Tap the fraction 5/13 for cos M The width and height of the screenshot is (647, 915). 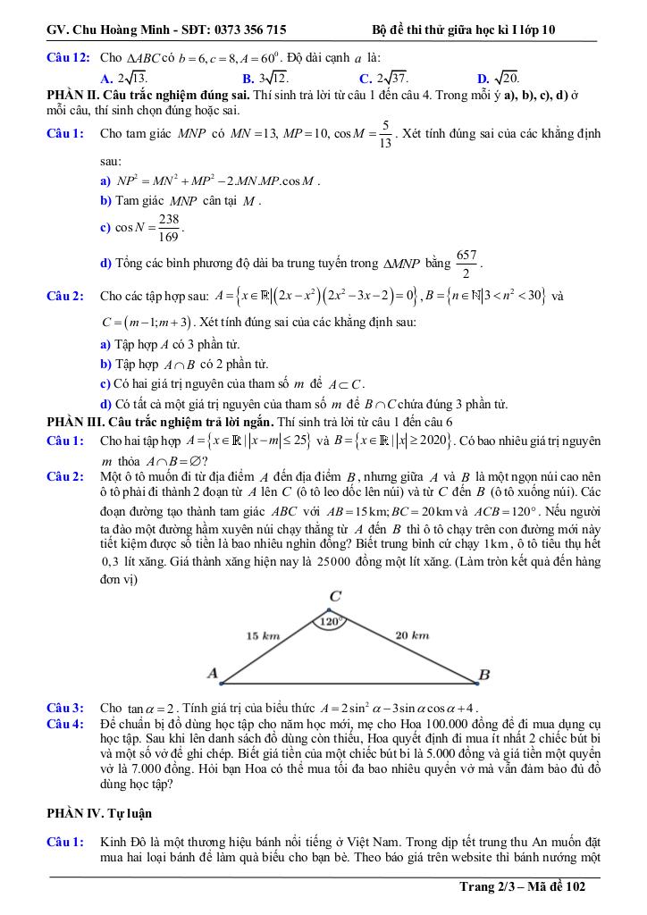click(384, 134)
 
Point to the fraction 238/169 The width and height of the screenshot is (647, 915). click(167, 228)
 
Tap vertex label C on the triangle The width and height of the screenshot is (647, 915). click(334, 596)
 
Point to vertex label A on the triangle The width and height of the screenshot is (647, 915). click(212, 672)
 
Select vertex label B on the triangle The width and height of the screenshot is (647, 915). click(483, 675)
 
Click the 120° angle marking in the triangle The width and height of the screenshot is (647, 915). click(332, 620)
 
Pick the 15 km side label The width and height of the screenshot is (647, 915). click(263, 635)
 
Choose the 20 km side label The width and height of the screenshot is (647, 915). click(412, 635)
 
